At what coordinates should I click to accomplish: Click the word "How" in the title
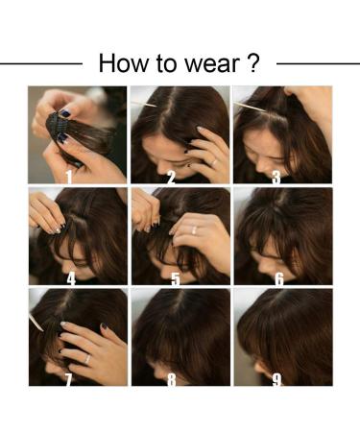(119, 63)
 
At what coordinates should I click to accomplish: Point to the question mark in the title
(252, 63)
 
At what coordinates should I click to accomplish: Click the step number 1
(69, 176)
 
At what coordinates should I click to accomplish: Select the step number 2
(171, 176)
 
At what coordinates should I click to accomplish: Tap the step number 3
(276, 176)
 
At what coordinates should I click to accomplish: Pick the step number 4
(69, 278)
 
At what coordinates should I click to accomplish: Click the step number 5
(174, 278)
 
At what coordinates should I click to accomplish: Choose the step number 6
(278, 278)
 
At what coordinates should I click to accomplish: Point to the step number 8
(172, 380)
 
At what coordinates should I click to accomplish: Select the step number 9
(276, 380)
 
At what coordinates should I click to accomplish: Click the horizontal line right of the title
(317, 63)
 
